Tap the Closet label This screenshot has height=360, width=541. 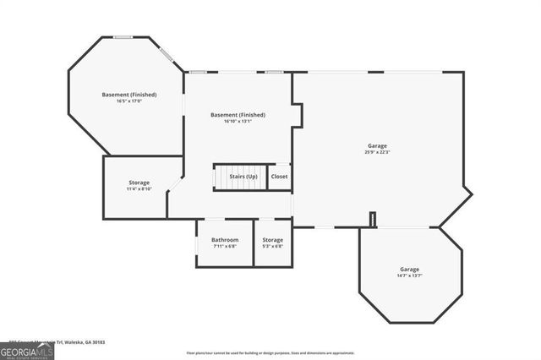[279, 177]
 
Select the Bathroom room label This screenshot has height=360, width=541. [225, 240]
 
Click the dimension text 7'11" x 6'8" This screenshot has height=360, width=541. [225, 247]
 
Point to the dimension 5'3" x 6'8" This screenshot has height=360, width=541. [272, 247]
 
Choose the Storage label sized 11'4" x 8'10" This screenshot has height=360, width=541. [139, 183]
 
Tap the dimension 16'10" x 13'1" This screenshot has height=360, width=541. [238, 122]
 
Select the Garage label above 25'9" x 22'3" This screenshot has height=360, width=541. [377, 145]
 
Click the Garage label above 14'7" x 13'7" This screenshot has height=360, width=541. [409, 269]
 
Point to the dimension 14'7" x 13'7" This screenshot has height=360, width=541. [409, 275]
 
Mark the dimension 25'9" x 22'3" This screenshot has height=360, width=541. [377, 152]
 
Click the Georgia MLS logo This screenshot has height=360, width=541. [27, 350]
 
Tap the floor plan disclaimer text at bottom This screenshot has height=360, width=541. [270, 352]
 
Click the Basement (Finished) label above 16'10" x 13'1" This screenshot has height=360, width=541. [238, 115]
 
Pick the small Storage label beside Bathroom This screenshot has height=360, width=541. [272, 240]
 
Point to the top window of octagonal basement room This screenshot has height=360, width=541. [123, 36]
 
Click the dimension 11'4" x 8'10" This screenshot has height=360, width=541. [139, 189]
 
